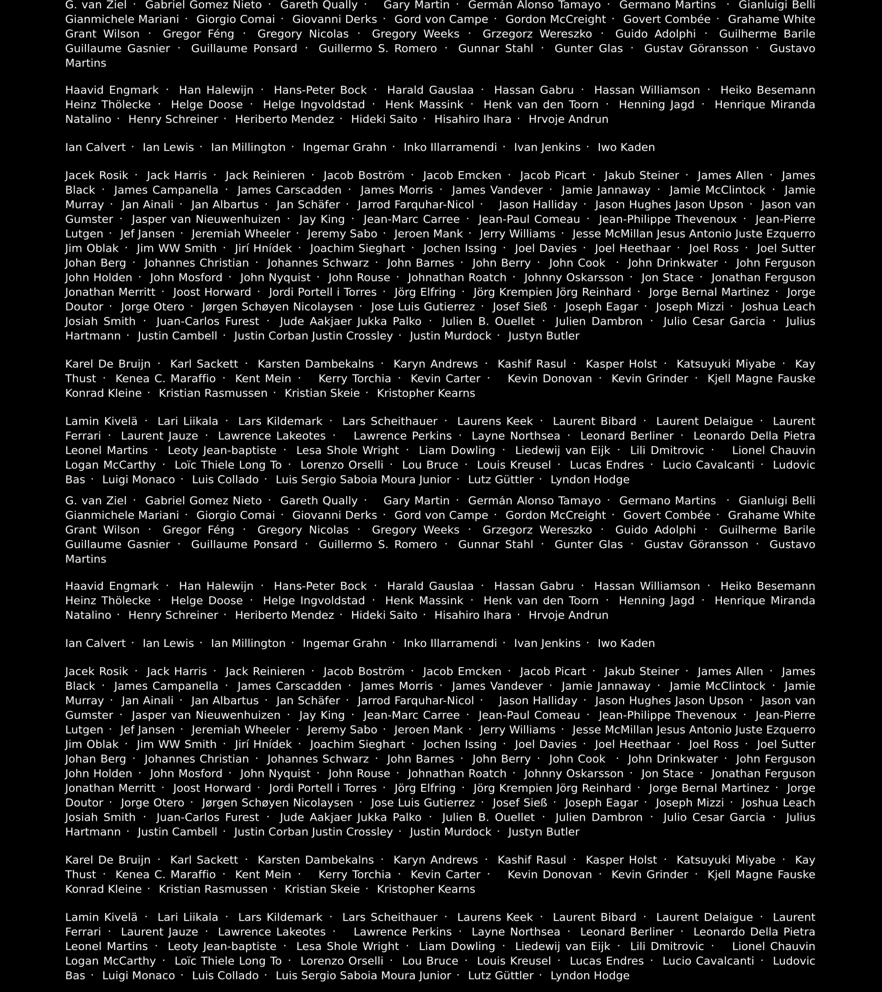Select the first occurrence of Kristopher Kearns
point(426,393)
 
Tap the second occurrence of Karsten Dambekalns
point(316,860)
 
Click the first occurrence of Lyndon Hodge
point(590,479)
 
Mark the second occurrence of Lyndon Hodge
point(590,975)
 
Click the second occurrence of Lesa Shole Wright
point(348,946)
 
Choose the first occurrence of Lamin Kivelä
point(101,421)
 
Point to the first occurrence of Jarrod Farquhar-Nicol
point(415,205)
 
